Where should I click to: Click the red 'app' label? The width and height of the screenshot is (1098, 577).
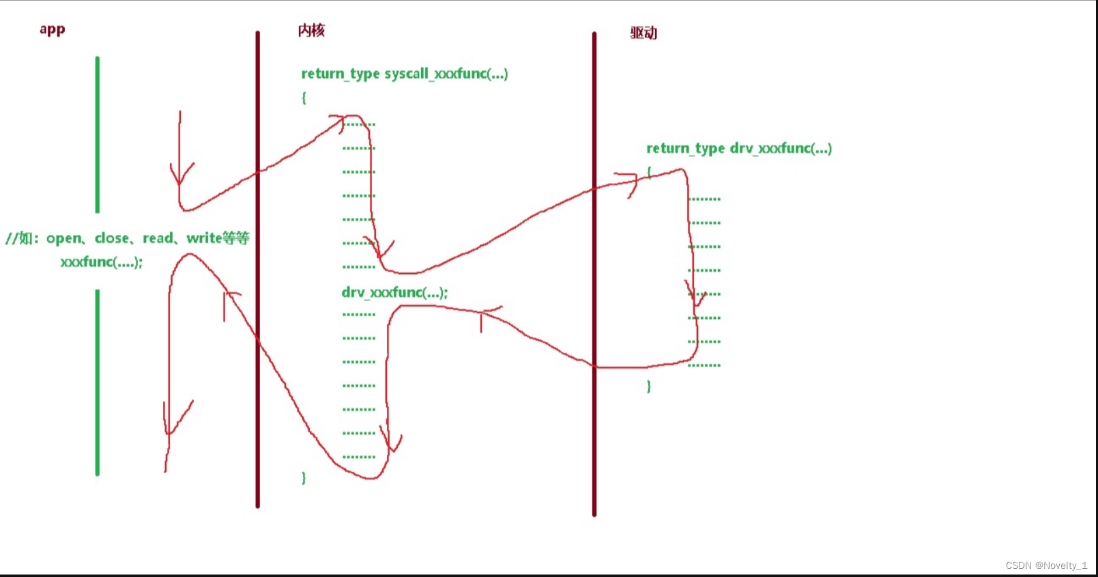tap(52, 29)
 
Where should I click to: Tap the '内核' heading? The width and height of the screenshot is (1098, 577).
tap(311, 31)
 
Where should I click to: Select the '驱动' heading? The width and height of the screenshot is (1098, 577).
tap(643, 33)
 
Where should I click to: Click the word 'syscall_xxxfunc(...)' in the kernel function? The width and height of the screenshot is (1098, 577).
tap(446, 74)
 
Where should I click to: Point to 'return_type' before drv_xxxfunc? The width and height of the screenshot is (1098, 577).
tap(685, 149)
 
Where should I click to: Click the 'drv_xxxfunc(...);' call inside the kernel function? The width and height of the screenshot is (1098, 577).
tap(394, 293)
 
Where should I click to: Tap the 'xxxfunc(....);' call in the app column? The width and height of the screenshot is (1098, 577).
tap(101, 262)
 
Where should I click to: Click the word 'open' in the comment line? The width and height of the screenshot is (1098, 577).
tap(64, 238)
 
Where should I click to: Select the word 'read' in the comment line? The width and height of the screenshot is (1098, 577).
tap(158, 238)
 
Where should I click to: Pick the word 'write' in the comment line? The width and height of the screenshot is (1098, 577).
tap(204, 238)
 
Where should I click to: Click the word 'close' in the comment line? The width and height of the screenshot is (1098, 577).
tap(112, 238)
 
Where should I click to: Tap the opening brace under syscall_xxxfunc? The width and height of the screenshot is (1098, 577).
tap(304, 98)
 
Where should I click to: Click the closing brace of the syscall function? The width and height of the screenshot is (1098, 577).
tap(304, 478)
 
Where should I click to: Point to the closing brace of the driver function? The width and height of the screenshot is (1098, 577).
tap(648, 386)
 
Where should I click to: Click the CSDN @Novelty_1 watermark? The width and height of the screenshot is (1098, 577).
tap(1045, 565)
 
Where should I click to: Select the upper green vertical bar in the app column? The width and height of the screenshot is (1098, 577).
tap(98, 135)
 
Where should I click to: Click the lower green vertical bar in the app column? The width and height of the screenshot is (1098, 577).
tap(98, 382)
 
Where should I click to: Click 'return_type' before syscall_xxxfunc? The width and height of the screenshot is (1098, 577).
tap(340, 74)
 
